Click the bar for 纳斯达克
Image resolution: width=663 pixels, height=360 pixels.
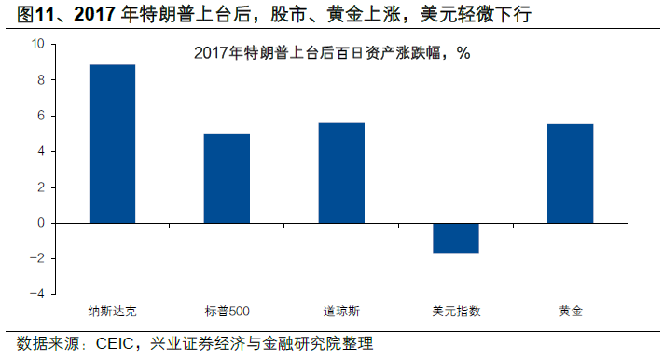click(x=112, y=144)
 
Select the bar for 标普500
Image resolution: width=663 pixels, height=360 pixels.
click(x=227, y=178)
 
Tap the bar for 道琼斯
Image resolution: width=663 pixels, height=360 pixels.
click(x=341, y=173)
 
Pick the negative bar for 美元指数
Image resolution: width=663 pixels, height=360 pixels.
click(x=456, y=238)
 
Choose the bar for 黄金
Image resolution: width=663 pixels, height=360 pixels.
click(x=571, y=173)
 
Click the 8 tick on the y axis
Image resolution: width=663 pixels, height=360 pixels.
click(x=40, y=80)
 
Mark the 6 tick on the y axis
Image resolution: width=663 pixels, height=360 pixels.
click(x=40, y=116)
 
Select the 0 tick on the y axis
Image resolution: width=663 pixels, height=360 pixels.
click(x=40, y=223)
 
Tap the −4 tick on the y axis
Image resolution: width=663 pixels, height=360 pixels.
click(x=36, y=294)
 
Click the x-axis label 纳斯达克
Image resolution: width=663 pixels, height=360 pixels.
click(x=112, y=310)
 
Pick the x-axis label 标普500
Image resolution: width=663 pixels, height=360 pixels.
click(x=227, y=310)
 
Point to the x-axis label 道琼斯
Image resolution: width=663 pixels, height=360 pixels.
click(x=341, y=310)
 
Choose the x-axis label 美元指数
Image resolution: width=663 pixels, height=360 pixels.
click(x=456, y=310)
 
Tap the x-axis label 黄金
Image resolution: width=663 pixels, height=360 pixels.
click(x=571, y=310)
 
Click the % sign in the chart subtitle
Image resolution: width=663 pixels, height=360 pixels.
click(x=463, y=53)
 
